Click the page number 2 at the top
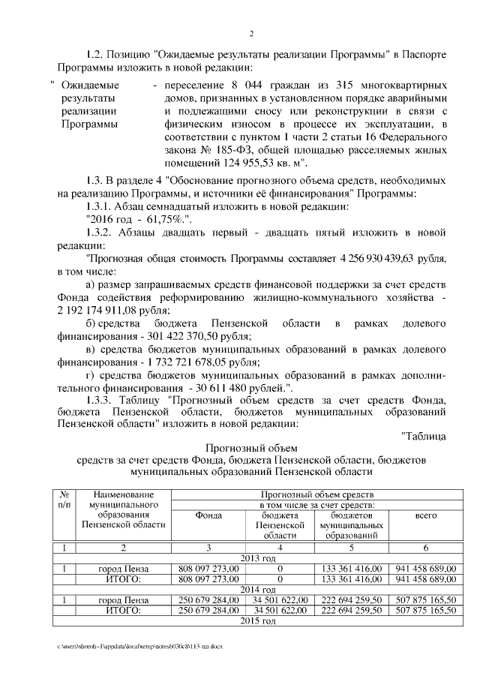(251, 34)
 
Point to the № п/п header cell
(64, 500)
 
